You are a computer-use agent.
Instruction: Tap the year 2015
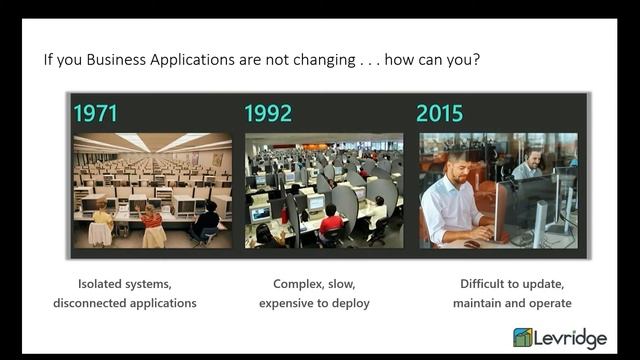441,112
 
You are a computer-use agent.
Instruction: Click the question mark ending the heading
475,59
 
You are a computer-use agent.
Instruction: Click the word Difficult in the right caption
477,283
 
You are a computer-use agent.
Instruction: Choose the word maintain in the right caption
483,302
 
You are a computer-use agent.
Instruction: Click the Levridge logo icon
523,338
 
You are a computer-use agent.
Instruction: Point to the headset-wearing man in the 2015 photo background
532,163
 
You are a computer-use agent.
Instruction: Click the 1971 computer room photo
152,190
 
